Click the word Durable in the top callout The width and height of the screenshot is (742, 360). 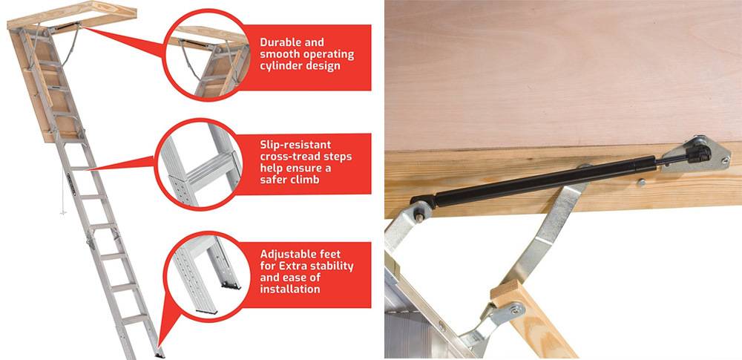point(281,43)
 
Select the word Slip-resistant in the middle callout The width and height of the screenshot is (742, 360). point(295,145)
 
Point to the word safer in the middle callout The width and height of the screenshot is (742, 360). point(276,180)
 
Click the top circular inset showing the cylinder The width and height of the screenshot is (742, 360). point(206,59)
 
